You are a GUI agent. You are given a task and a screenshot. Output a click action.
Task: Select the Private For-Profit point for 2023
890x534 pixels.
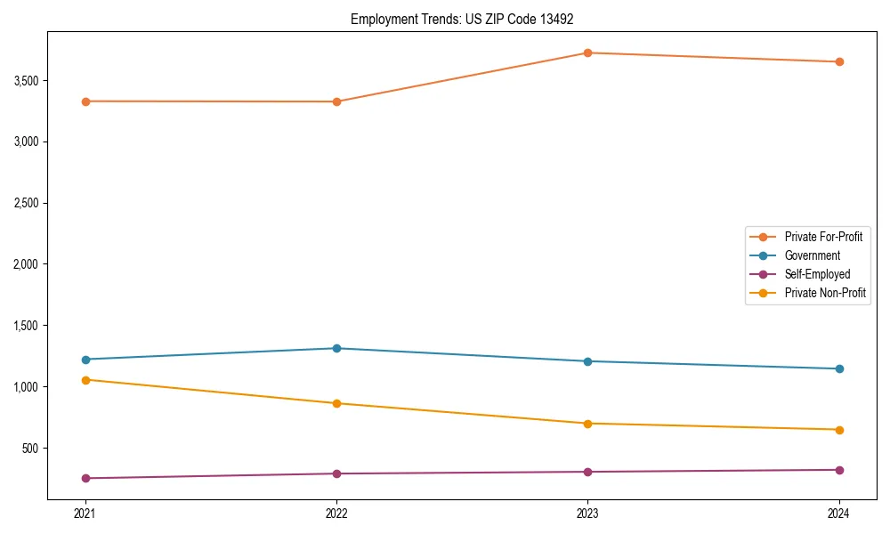pyautogui.click(x=587, y=53)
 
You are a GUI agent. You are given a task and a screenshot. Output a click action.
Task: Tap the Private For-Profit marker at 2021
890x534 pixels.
pyautogui.click(x=85, y=101)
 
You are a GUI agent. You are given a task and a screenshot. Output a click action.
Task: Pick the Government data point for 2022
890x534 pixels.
pyautogui.click(x=336, y=348)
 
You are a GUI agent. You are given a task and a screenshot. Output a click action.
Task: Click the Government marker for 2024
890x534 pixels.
pyautogui.click(x=839, y=368)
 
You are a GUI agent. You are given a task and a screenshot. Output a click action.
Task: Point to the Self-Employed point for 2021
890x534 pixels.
pyautogui.click(x=85, y=478)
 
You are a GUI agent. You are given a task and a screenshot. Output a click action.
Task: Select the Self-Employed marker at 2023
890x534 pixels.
pyautogui.click(x=587, y=472)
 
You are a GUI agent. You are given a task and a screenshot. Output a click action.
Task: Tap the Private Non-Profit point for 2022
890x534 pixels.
pyautogui.click(x=336, y=403)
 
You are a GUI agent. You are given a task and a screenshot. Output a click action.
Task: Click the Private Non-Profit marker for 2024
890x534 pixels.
pyautogui.click(x=839, y=430)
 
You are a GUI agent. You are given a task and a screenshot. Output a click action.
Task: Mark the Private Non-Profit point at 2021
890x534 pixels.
pyautogui.click(x=85, y=380)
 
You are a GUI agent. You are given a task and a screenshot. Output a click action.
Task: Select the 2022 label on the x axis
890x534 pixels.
pyautogui.click(x=336, y=514)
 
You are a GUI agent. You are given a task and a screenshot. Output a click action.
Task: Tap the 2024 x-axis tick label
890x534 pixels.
pyautogui.click(x=839, y=514)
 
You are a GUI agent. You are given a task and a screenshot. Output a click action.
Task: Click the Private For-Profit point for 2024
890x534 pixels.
pyautogui.click(x=839, y=61)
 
